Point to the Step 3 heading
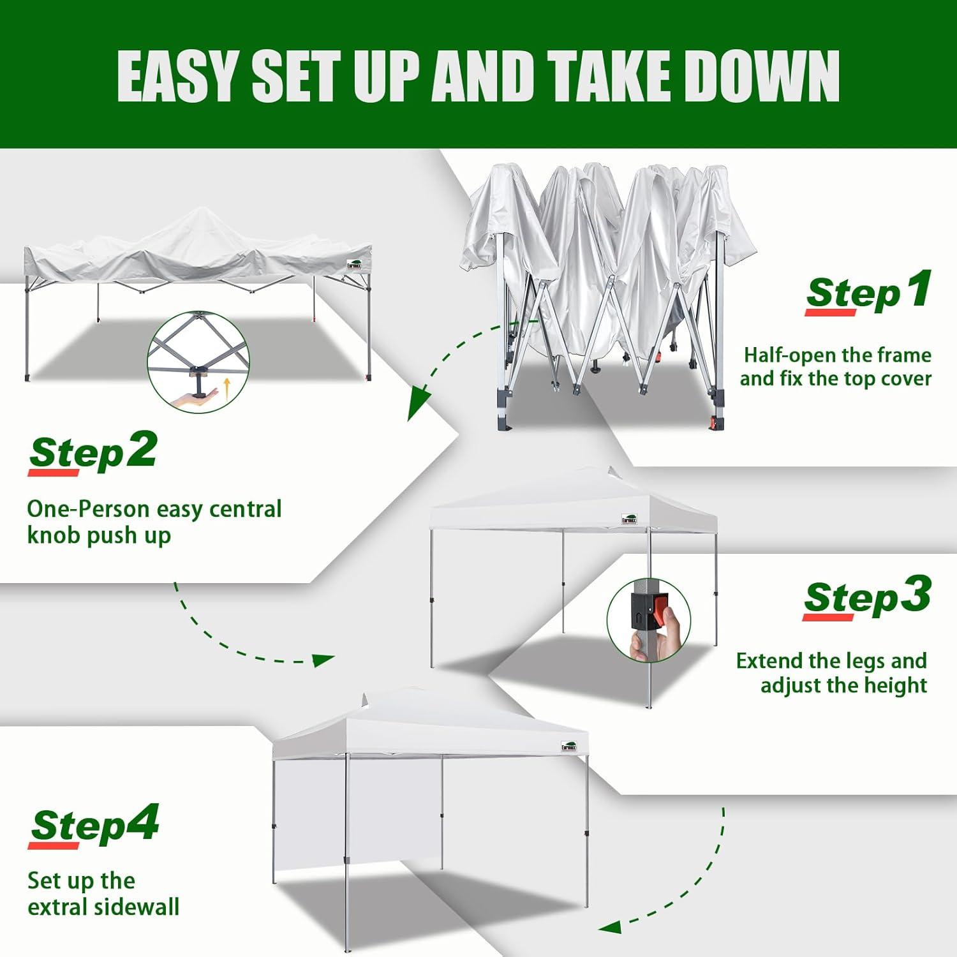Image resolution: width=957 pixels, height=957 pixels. [x=866, y=597]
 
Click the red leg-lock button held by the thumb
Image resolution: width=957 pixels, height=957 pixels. [x=660, y=610]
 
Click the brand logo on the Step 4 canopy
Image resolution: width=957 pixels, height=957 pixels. [x=569, y=746]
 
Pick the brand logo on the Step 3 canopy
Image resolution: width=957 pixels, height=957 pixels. [x=630, y=519]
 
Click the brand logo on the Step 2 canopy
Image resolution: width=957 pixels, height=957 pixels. [x=355, y=264]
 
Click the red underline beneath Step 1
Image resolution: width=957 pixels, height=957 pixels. [x=829, y=313]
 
